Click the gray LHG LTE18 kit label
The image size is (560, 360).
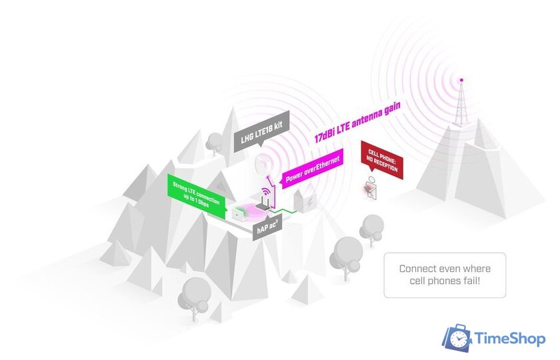click(261, 132)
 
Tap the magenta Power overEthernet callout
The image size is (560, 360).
click(313, 168)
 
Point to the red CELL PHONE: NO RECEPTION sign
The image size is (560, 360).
click(382, 160)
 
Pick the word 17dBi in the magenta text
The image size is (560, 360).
click(325, 134)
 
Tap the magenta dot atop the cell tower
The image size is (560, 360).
click(461, 80)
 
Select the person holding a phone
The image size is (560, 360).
click(371, 188)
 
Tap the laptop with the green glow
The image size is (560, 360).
click(238, 214)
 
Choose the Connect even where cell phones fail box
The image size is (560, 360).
click(445, 275)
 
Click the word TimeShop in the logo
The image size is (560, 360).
click(510, 338)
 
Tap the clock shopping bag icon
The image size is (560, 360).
click(457, 338)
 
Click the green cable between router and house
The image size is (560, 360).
click(282, 211)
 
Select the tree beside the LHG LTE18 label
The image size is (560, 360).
click(215, 143)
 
